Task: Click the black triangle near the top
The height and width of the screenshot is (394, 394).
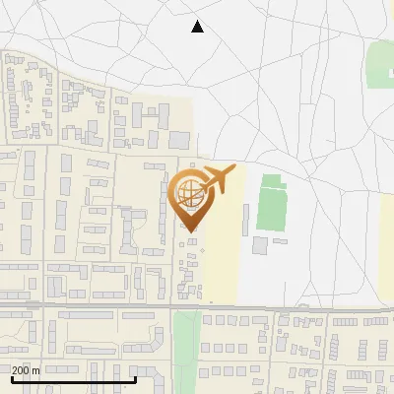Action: coord(197,27)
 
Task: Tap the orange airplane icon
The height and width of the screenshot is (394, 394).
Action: coord(216,180)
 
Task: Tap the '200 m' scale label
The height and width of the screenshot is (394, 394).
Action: coord(26,370)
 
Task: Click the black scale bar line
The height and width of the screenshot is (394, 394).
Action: coord(74,378)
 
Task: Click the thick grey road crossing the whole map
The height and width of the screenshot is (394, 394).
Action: coord(197,307)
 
